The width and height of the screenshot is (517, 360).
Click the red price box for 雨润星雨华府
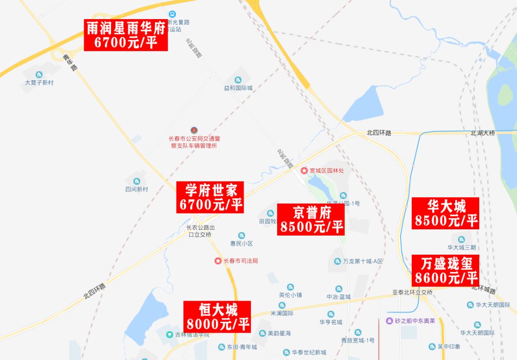[126, 35]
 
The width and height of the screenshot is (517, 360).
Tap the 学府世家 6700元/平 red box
[211, 197]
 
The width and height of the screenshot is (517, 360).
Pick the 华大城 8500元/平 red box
[446, 213]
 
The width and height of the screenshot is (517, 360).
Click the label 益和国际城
[238, 88]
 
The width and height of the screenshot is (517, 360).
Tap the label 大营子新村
[39, 82]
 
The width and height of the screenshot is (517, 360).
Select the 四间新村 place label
[136, 189]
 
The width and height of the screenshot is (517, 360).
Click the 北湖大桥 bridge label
[482, 133]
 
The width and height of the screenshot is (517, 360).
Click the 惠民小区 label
[241, 243]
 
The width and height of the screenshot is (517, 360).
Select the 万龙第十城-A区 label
[363, 261]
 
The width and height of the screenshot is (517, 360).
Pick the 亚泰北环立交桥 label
[412, 292]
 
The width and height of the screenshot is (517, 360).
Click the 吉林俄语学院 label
[191, 334]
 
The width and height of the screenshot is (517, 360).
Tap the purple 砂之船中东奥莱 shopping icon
[390, 321]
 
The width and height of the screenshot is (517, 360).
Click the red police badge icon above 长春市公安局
[194, 130]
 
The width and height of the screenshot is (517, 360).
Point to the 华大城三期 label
[461, 247]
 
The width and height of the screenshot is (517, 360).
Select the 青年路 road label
[70, 62]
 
